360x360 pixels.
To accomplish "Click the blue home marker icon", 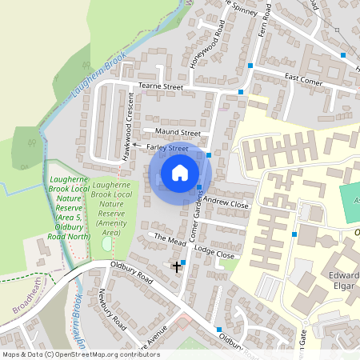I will tap(180, 172).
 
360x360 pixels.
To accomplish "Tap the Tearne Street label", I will tap(161, 86).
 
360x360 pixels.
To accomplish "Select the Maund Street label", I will tap(177, 133).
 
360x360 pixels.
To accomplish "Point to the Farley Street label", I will tap(166, 148).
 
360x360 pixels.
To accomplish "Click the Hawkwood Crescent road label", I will tap(128, 126).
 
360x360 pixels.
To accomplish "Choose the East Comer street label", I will tap(302, 79).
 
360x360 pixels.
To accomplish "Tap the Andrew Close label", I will tap(227, 205).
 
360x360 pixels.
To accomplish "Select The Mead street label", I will tap(170, 239).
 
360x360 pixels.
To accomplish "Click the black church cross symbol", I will tap(177, 266).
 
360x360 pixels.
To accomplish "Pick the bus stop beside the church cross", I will tap(184, 262).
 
